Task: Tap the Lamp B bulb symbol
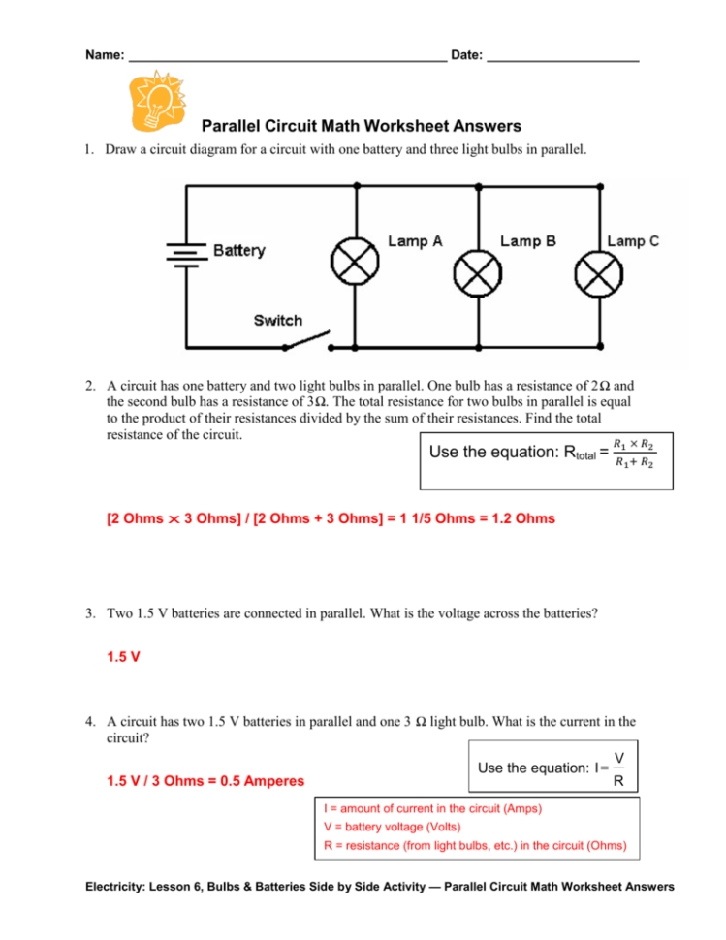click(477, 276)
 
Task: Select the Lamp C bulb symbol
click(594, 276)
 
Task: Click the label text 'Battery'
click(238, 251)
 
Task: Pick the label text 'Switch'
click(278, 320)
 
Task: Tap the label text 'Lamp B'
click(527, 241)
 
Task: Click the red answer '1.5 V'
click(123, 656)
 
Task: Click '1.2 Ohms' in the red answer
click(523, 518)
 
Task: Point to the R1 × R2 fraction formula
click(634, 453)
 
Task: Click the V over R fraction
click(618, 768)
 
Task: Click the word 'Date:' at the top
click(467, 55)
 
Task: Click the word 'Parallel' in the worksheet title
click(233, 126)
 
